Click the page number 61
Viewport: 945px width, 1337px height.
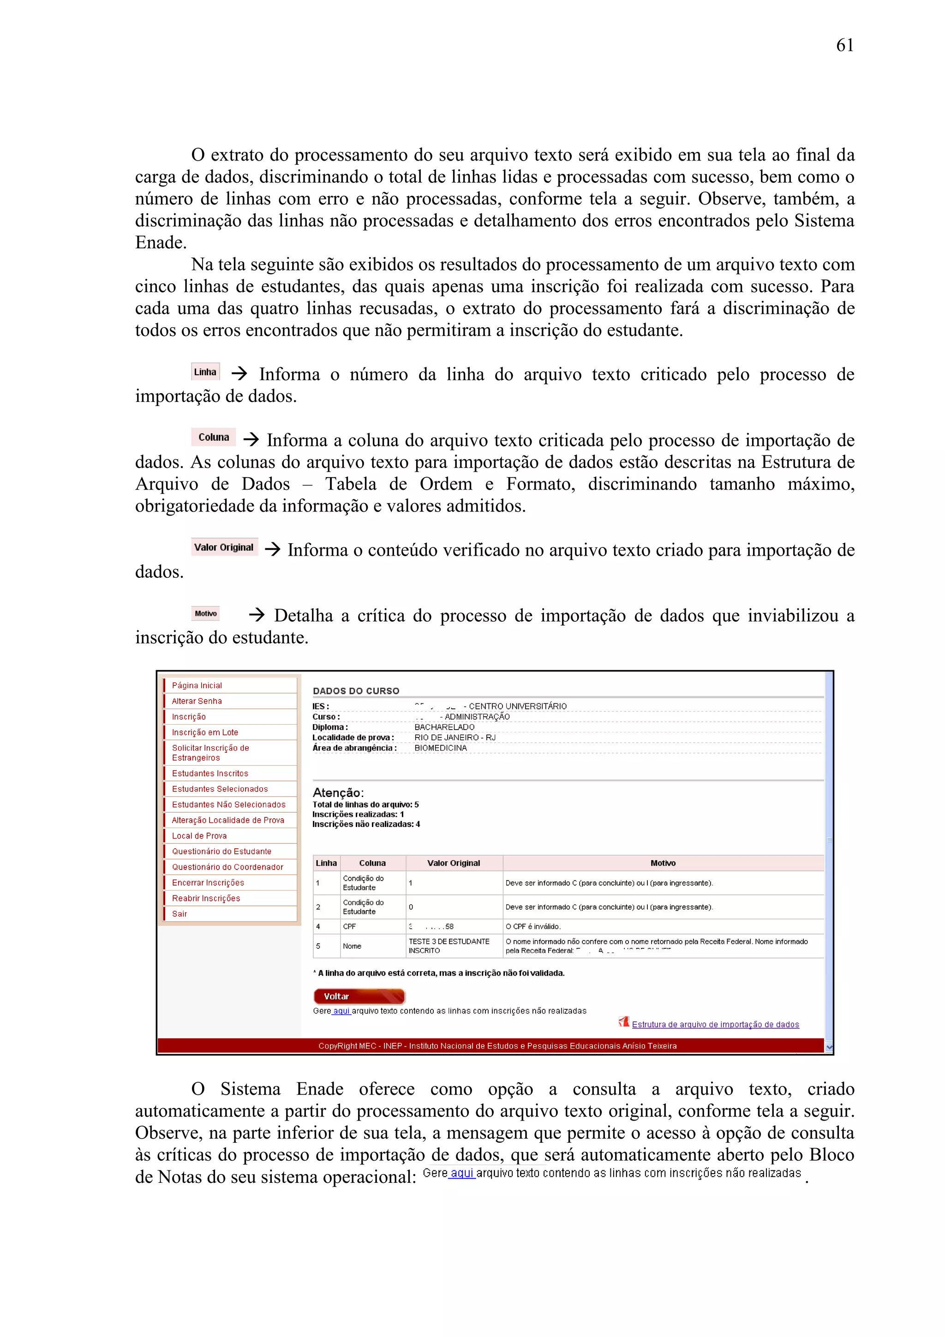844,45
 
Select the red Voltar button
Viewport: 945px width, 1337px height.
359,996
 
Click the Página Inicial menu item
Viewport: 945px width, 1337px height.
197,685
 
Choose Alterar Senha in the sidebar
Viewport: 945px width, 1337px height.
197,701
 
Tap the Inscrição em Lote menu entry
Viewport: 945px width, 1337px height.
205,732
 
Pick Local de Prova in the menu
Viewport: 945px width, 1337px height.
199,836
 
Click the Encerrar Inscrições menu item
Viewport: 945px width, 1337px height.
208,883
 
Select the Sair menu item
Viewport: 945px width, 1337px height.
179,914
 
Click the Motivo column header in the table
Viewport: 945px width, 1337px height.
663,863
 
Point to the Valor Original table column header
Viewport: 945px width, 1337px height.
454,863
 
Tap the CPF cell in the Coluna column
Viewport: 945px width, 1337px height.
349,926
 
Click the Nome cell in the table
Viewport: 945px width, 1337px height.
352,946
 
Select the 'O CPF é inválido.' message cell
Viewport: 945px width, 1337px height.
533,926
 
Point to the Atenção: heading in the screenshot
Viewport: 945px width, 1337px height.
338,792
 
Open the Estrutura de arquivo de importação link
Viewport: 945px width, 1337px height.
715,1024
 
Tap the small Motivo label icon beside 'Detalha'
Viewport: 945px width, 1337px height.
205,613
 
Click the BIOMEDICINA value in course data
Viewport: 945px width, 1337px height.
441,748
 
